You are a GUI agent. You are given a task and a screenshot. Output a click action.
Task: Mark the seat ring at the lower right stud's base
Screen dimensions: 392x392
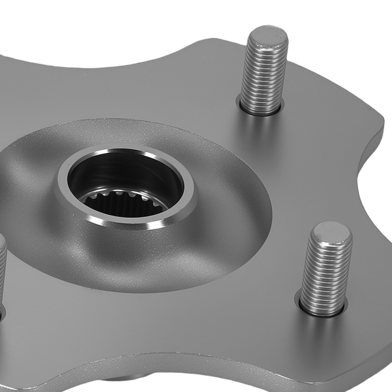[x=322, y=312]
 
